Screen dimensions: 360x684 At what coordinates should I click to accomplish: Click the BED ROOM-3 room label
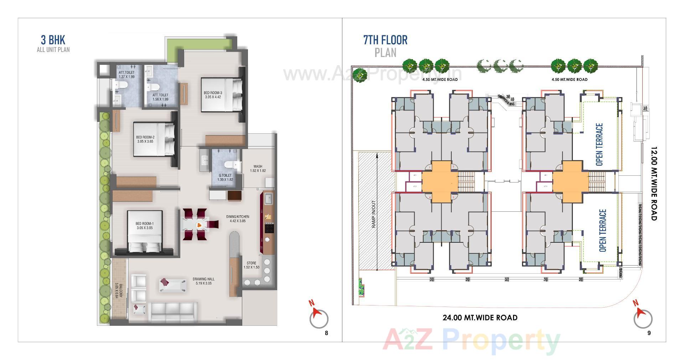coord(213,93)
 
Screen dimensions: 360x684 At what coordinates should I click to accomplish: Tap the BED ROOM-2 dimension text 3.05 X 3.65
coord(145,142)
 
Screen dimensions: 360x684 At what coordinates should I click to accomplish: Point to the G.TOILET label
coord(225,175)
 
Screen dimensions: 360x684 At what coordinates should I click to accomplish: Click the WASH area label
coord(258,166)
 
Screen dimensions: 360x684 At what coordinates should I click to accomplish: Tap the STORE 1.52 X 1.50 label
coord(252,265)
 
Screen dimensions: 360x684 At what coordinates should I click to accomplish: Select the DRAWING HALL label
coord(203,279)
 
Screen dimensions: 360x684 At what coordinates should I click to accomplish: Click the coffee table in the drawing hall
coord(173,286)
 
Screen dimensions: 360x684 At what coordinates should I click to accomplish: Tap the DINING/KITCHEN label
coord(238,217)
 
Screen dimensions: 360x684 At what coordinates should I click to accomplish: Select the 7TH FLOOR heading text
coord(385,40)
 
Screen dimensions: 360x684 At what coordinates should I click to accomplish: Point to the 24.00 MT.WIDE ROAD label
coord(480,318)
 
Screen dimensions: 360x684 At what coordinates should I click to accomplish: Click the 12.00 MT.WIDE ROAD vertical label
coord(654,184)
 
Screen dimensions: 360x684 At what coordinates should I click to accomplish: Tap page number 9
coord(649,333)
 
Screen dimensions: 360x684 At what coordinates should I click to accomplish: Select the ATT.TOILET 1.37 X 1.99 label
coord(127,74)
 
